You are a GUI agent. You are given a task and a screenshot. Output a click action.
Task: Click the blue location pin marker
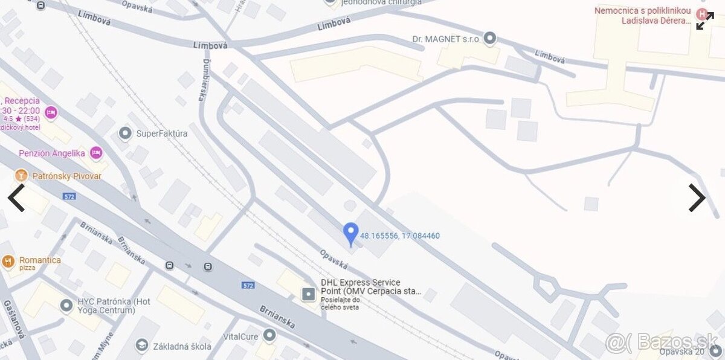pos(350,233)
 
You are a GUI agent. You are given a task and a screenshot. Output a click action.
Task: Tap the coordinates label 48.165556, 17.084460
pos(400,236)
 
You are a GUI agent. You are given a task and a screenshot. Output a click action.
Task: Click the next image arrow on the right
pos(697,198)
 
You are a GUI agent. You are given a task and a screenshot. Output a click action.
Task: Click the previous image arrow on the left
pos(16,198)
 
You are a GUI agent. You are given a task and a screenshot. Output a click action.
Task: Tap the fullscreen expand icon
pos(704,21)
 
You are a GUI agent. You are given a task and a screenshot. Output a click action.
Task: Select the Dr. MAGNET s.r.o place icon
pos(490,39)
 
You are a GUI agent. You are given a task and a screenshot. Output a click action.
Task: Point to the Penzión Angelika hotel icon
pos(95,153)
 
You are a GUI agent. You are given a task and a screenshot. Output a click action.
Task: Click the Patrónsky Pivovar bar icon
pos(21,176)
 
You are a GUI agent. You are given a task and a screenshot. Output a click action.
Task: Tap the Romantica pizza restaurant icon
pos(8,261)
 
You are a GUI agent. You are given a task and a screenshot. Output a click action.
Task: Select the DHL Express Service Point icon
pos(309,294)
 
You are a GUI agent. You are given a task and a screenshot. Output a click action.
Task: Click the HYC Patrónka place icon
pos(66,306)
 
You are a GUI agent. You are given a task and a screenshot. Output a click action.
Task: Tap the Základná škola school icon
pos(142,346)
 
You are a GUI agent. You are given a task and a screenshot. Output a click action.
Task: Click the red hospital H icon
pos(701,14)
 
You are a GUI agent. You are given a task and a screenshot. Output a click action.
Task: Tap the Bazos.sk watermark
pos(662,342)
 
